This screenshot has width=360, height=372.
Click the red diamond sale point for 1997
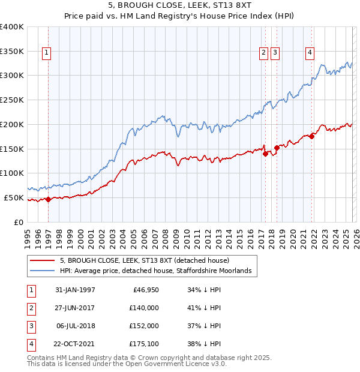pyautogui.click(x=48, y=199)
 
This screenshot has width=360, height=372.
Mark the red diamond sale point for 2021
pyautogui.click(x=312, y=136)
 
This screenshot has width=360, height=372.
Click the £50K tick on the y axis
pyautogui.click(x=14, y=197)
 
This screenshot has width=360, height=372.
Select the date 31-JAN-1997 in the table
pyautogui.click(x=75, y=290)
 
